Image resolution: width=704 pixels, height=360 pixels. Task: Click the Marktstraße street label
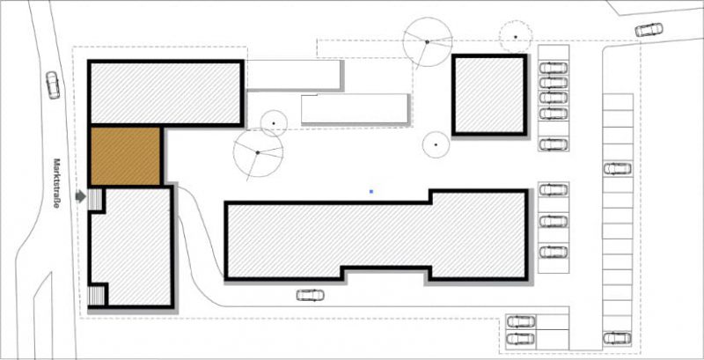tap(57, 184)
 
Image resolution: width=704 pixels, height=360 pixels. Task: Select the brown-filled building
tap(125, 156)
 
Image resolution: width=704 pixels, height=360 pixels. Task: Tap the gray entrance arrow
tap(80, 196)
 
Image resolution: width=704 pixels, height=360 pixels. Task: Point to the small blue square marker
tap(371, 192)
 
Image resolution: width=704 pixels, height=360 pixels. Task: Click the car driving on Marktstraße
tap(53, 84)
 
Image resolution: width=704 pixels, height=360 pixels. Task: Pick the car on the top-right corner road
tap(649, 30)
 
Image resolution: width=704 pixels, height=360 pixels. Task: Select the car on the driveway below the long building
tap(311, 295)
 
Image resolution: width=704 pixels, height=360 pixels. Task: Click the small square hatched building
tap(489, 95)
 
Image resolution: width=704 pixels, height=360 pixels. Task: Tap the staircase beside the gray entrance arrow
tap(95, 199)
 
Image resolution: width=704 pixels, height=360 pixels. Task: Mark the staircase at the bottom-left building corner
tap(96, 296)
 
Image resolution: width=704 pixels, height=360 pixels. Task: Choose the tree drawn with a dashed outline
tap(516, 36)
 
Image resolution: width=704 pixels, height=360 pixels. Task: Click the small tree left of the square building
tap(436, 144)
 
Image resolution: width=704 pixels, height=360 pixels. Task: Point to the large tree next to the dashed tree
tap(427, 41)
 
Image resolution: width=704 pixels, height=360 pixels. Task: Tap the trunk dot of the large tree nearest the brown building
tap(258, 152)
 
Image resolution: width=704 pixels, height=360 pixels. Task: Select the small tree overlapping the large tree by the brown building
tap(274, 123)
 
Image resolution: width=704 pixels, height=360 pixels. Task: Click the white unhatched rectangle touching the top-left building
tap(294, 75)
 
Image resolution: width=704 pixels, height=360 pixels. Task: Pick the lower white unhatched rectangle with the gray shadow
tap(355, 108)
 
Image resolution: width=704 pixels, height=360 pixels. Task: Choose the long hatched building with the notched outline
tap(377, 235)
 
